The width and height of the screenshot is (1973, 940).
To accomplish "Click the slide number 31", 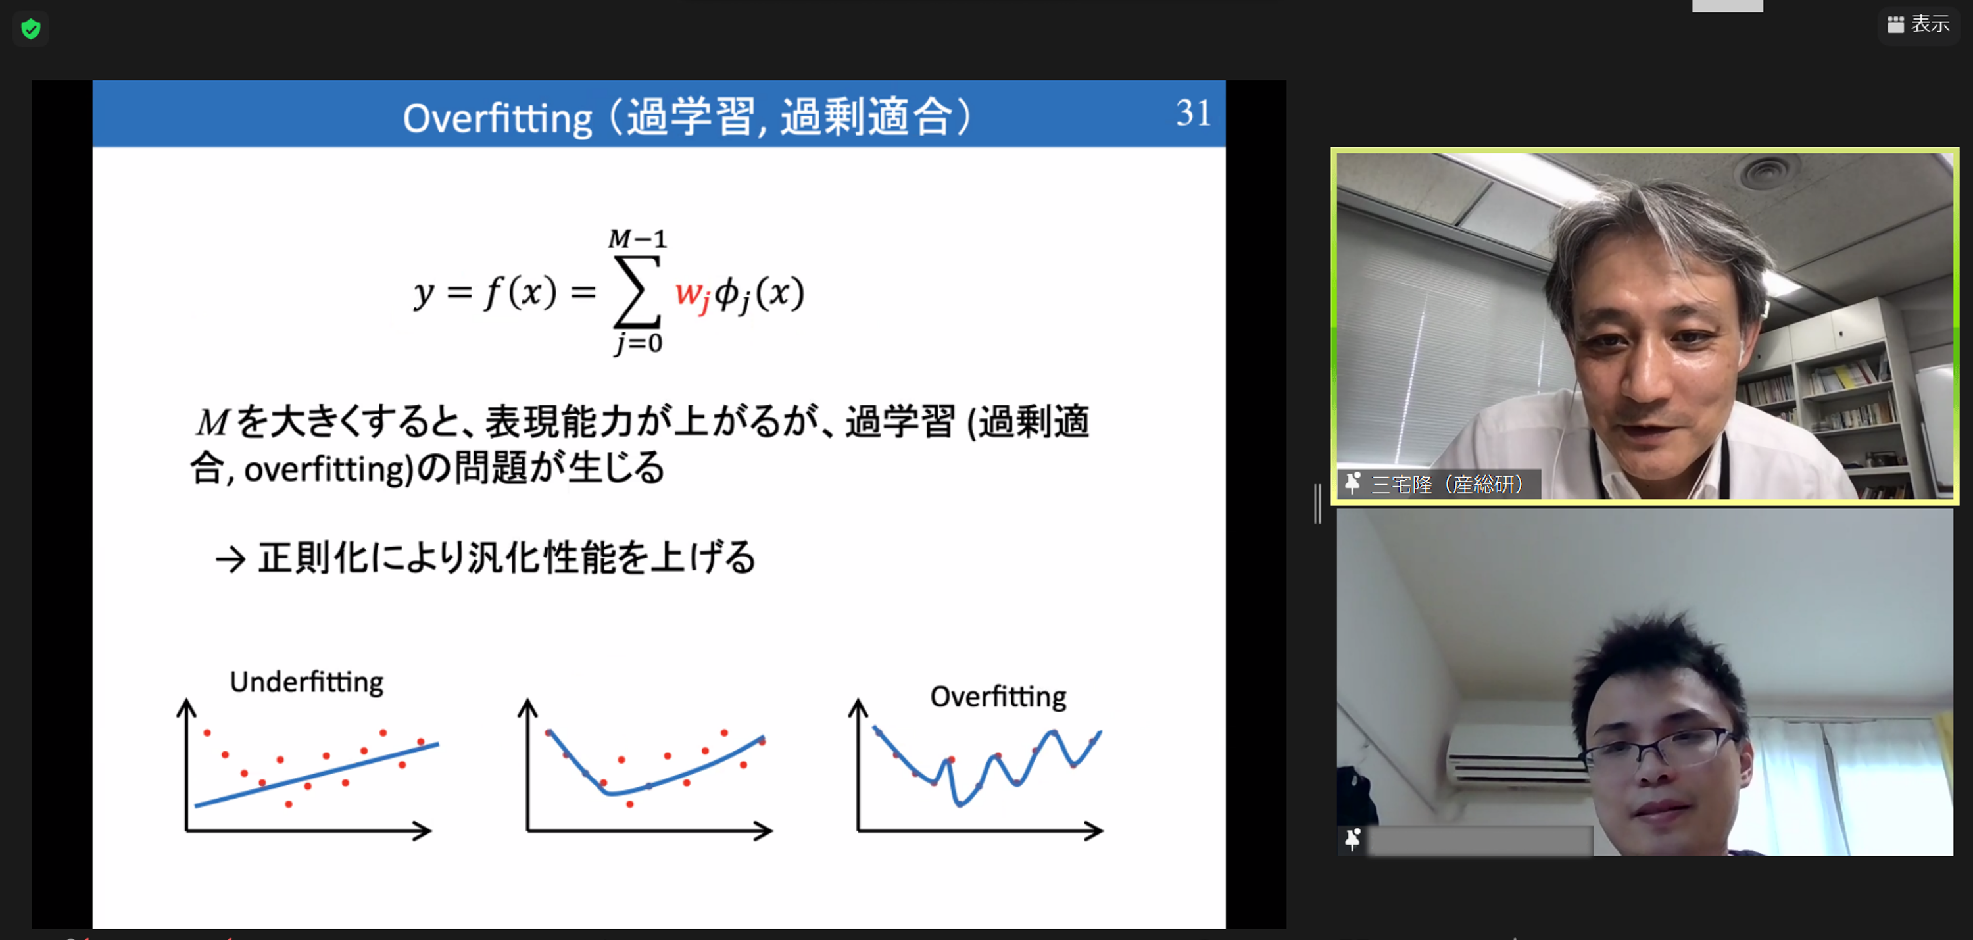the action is click(x=1193, y=112).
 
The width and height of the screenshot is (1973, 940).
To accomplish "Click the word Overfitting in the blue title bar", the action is click(x=498, y=120).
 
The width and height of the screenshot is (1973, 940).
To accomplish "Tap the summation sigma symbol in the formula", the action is click(x=637, y=292).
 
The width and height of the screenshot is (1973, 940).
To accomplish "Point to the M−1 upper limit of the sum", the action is click(x=637, y=239).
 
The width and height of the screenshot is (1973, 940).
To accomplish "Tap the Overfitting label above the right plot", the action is click(x=998, y=697).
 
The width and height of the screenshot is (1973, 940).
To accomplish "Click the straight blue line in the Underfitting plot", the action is click(x=317, y=774).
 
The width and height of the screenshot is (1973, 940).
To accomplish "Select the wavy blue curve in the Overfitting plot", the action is click(x=987, y=766).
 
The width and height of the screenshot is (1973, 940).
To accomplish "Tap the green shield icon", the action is click(x=31, y=29).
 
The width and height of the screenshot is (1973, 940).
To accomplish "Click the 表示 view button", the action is click(x=1918, y=24).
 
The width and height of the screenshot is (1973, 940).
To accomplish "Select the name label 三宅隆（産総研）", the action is click(x=1446, y=484).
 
